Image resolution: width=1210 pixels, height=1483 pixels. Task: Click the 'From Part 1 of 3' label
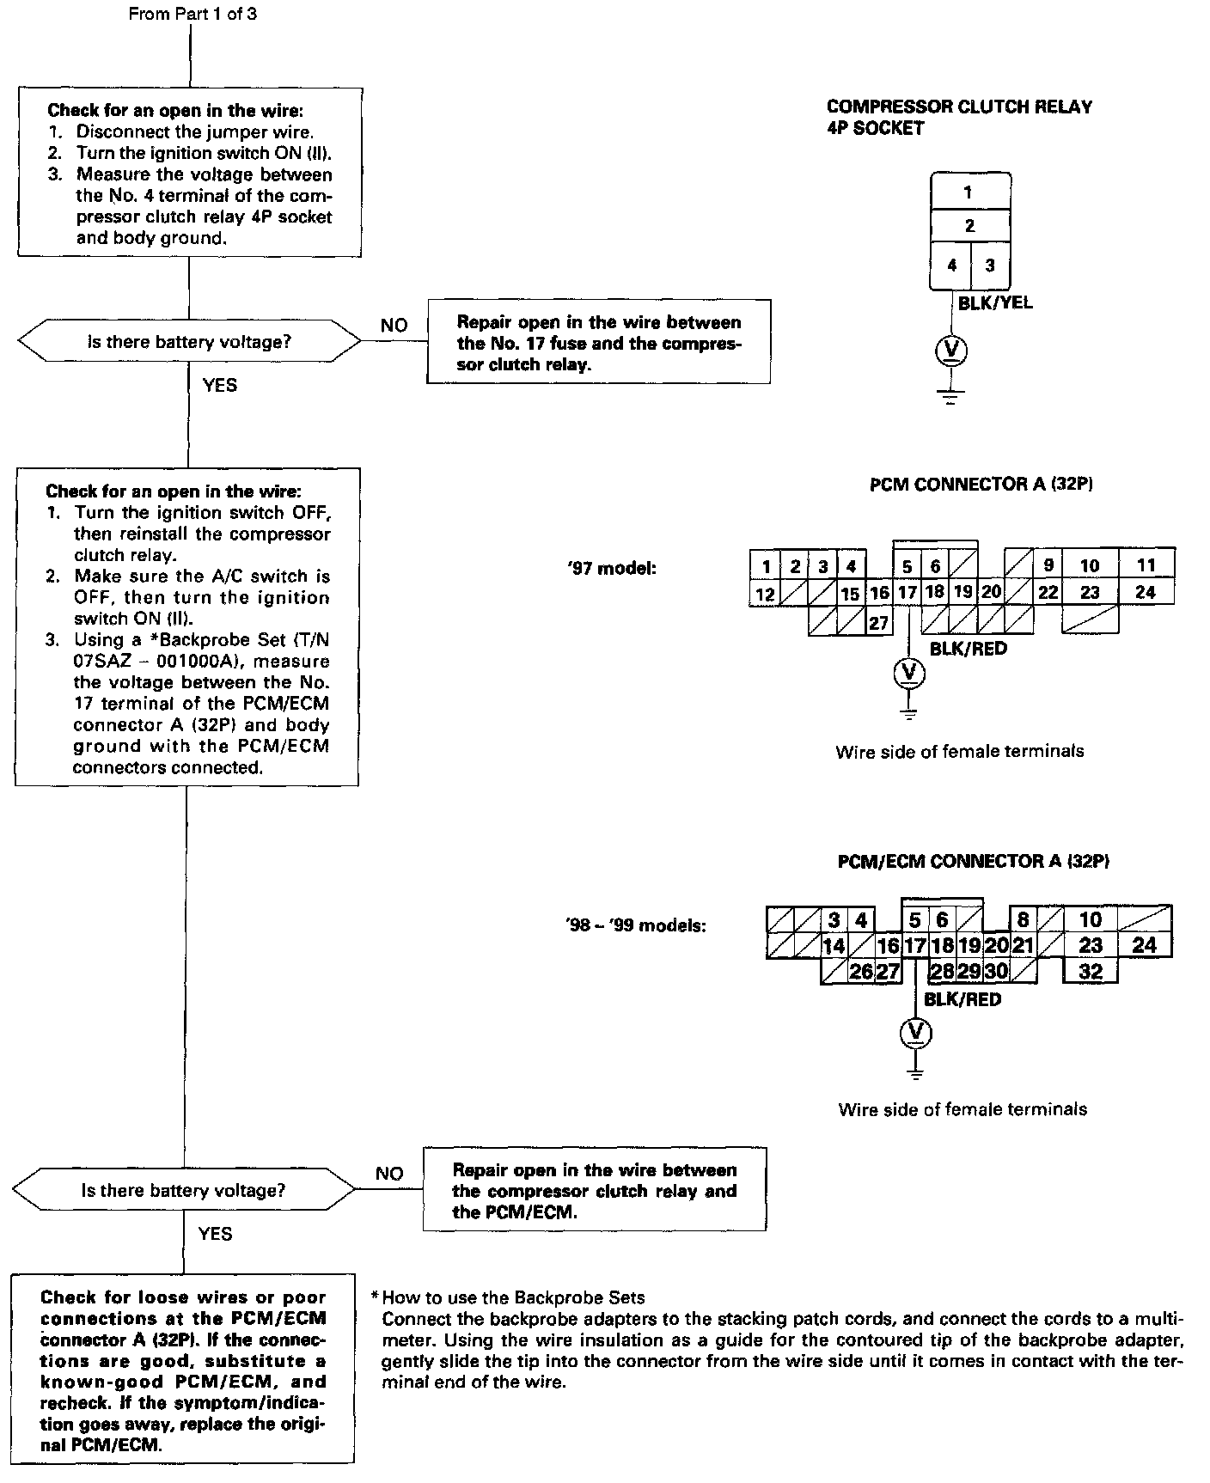[x=192, y=15]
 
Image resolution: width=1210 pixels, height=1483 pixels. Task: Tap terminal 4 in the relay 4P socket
[x=951, y=265]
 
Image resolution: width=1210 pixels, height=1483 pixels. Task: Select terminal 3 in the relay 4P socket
[x=990, y=265]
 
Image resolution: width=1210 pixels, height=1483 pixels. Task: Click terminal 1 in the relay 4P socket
[x=969, y=192]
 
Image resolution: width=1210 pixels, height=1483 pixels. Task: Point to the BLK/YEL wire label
[x=995, y=302]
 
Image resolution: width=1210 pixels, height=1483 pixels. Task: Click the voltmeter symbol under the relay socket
[x=950, y=351]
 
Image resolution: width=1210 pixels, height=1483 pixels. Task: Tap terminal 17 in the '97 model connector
[x=907, y=593]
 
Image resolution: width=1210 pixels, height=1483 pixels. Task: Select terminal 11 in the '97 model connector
[x=1146, y=565]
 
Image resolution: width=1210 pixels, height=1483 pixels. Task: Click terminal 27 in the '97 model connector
[x=877, y=622]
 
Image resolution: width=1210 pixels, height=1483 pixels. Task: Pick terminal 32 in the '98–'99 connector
[x=1090, y=972]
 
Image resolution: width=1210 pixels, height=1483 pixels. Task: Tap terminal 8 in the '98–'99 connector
[x=1023, y=919]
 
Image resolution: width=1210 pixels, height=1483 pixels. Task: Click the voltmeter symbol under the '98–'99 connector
[x=916, y=1032]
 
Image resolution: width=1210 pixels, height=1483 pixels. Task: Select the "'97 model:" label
[x=612, y=568]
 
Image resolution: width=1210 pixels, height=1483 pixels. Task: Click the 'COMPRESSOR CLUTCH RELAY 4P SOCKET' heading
[x=959, y=118]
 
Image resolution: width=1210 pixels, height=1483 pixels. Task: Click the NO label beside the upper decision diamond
[x=394, y=326]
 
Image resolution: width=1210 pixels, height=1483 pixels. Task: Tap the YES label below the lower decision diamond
[x=215, y=1234]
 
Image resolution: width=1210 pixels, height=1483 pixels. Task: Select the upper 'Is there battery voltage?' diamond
[x=189, y=342]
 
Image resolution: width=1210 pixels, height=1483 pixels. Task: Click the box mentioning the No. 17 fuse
[x=598, y=343]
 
